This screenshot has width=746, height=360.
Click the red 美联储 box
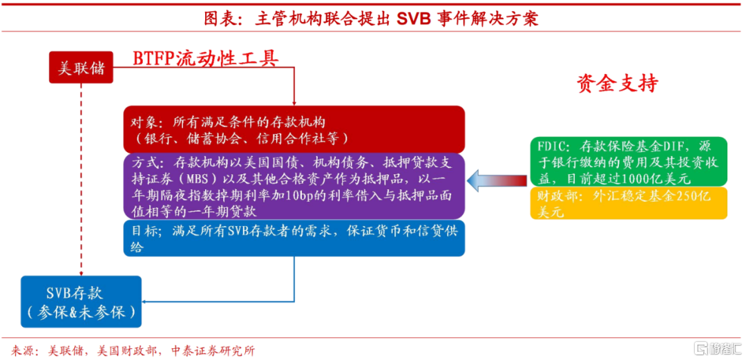[82, 68]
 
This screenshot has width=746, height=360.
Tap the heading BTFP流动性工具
[206, 58]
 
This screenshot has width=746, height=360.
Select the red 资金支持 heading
[618, 84]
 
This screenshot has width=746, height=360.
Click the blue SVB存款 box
[82, 301]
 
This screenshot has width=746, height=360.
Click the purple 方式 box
[294, 186]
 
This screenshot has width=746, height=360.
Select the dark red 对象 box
[294, 129]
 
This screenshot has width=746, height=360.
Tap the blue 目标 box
[294, 238]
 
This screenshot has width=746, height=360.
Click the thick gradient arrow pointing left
[497, 180]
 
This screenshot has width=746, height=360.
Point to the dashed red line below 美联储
[82, 180]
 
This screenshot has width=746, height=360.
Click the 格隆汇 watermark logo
[713, 348]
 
